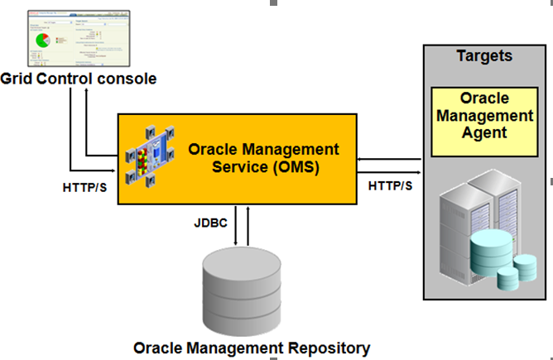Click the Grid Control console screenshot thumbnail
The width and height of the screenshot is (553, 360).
point(80,38)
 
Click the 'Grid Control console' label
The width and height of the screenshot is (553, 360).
point(79,79)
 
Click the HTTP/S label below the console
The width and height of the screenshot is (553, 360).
point(84,187)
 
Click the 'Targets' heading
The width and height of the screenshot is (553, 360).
point(484,56)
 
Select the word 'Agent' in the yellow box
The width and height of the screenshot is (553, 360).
point(484,132)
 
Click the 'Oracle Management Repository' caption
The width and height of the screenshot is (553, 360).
point(252,347)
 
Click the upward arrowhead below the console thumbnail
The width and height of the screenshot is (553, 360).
point(85,90)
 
